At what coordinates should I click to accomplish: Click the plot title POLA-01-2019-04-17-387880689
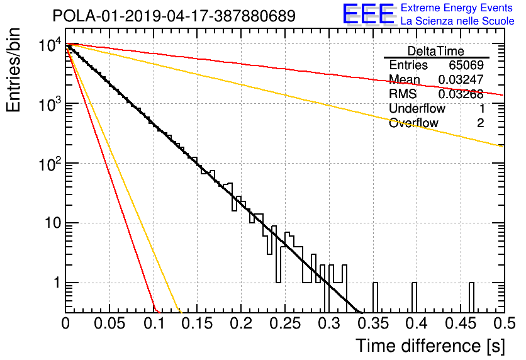(x=174, y=16)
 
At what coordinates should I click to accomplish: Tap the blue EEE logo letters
(x=369, y=14)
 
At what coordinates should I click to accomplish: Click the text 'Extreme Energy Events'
(x=457, y=8)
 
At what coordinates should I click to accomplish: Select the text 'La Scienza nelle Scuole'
(x=457, y=21)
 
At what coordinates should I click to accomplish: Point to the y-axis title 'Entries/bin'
(x=13, y=70)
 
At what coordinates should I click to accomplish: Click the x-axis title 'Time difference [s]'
(x=430, y=346)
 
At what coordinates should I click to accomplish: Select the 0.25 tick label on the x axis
(x=285, y=323)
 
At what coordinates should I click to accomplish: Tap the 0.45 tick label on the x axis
(x=461, y=323)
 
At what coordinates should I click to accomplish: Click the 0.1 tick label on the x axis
(x=154, y=323)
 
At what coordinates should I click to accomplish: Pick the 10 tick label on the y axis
(x=53, y=223)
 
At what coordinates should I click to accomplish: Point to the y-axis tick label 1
(x=57, y=283)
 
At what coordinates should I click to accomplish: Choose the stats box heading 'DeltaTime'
(x=436, y=51)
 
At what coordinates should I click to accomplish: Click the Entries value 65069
(x=466, y=65)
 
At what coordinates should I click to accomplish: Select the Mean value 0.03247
(x=461, y=79)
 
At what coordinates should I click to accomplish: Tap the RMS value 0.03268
(x=461, y=94)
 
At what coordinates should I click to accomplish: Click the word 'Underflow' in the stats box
(x=417, y=108)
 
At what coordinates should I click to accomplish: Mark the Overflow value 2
(x=480, y=123)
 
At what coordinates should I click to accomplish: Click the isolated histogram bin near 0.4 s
(x=414, y=297)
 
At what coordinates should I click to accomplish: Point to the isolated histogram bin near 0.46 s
(x=471, y=297)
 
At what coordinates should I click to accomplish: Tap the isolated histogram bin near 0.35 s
(x=375, y=297)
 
